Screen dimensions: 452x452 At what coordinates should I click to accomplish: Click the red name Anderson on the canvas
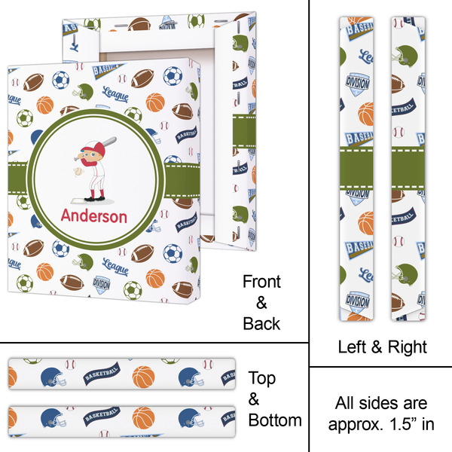point(93,216)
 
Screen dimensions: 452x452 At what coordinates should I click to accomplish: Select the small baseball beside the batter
point(78,173)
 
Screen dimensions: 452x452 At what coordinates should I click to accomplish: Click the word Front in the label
point(261,282)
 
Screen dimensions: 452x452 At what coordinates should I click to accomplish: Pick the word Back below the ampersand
point(261,324)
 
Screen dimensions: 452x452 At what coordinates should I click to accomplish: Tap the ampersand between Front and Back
point(261,303)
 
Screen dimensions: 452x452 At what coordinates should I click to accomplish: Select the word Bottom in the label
point(276,420)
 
